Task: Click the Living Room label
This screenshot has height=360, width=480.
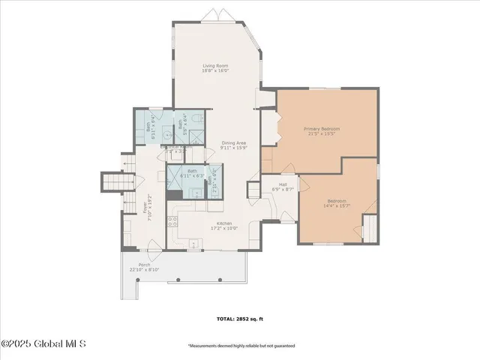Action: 214,66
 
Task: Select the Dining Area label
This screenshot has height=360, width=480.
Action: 233,142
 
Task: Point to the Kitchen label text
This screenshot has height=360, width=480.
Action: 223,223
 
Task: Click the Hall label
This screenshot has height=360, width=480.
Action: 283,184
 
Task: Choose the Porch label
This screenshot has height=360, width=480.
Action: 144,265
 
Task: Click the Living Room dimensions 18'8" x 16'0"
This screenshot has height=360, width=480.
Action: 214,71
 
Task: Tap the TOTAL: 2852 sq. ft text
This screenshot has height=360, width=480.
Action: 240,318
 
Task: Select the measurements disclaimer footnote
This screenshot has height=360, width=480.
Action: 241,346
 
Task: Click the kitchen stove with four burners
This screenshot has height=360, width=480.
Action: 172,221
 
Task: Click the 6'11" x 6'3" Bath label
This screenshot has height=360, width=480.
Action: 192,173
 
